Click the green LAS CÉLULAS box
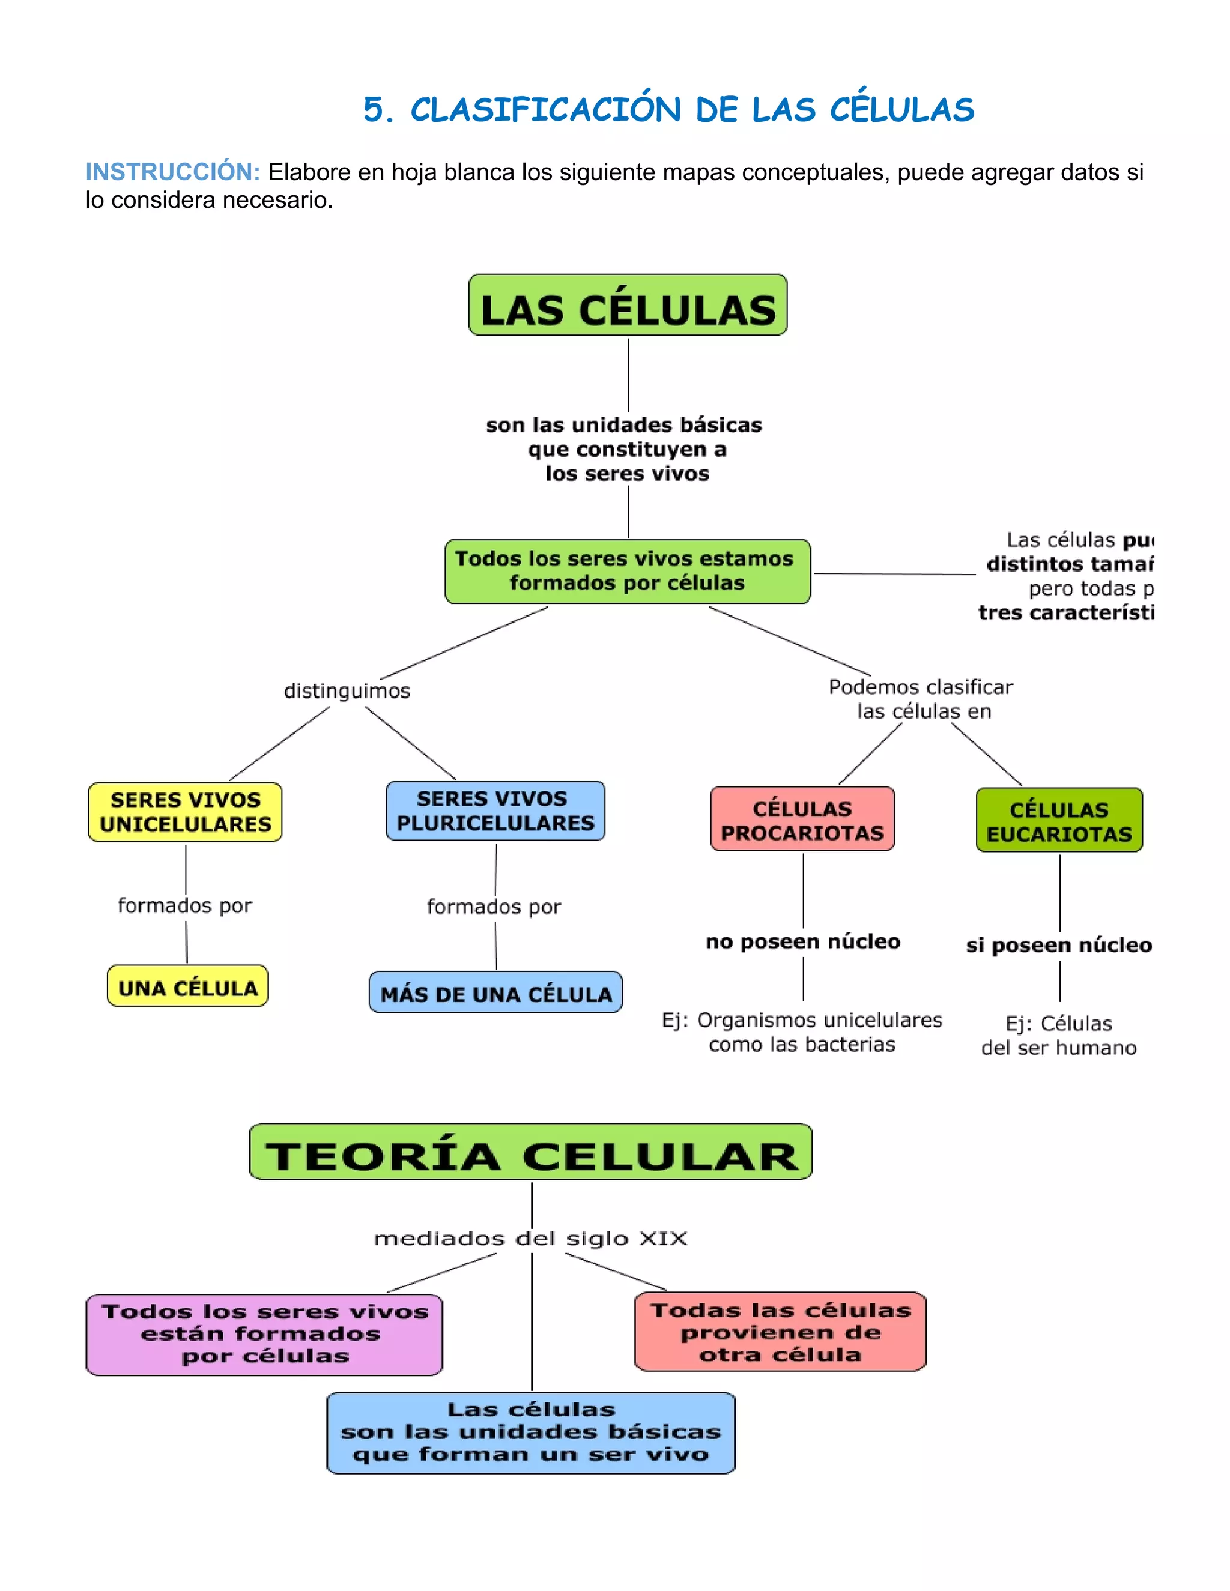pyautogui.click(x=628, y=305)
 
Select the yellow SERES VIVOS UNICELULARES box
pyautogui.click(x=185, y=812)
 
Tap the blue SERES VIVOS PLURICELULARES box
pyautogui.click(x=495, y=811)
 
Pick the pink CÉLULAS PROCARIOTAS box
pyautogui.click(x=802, y=819)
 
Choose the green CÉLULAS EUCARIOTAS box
pyautogui.click(x=1059, y=820)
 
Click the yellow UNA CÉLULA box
pyautogui.click(x=188, y=986)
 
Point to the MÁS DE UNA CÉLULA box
pyautogui.click(x=495, y=992)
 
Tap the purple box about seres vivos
pyautogui.click(x=264, y=1334)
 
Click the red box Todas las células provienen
pyautogui.click(x=780, y=1332)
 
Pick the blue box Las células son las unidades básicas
pyautogui.click(x=530, y=1432)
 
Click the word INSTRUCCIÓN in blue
pyautogui.click(x=173, y=172)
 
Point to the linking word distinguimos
pyautogui.click(x=347, y=690)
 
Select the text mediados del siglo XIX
pyautogui.click(x=530, y=1239)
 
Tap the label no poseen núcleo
pyautogui.click(x=803, y=941)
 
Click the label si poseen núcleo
pyautogui.click(x=1059, y=945)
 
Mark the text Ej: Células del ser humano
pyautogui.click(x=1059, y=1035)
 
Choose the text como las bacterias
pyautogui.click(x=802, y=1045)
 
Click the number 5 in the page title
pyautogui.click(x=374, y=110)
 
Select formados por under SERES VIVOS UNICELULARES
pyautogui.click(x=184, y=905)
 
